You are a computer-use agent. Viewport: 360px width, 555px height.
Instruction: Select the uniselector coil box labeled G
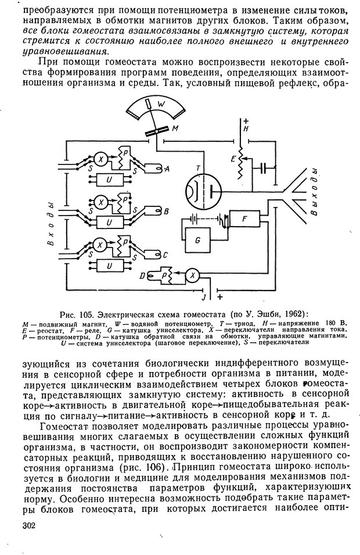(x=197, y=240)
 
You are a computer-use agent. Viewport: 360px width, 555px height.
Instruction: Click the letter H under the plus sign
(x=246, y=130)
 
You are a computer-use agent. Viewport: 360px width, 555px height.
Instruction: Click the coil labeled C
(x=154, y=253)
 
